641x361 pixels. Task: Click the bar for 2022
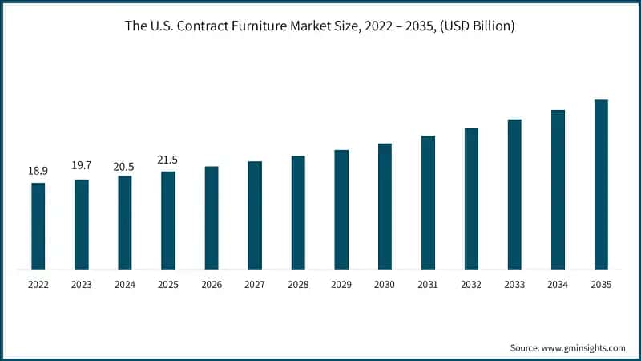[x=38, y=226]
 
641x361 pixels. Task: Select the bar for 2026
[x=212, y=217]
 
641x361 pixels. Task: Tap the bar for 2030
[x=385, y=206]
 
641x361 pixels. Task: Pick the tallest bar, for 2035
[x=601, y=185]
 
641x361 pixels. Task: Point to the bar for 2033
[x=514, y=194]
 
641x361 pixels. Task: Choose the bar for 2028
[x=298, y=213]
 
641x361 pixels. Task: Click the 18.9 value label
[x=38, y=171]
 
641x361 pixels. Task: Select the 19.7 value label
[x=82, y=166]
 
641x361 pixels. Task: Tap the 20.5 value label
[x=125, y=166]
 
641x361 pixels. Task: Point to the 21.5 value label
[x=168, y=160]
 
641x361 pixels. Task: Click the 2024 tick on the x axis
[x=125, y=284]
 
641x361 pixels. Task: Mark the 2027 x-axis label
[x=255, y=284]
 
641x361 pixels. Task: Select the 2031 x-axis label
[x=428, y=284]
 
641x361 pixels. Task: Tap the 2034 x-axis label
[x=558, y=284]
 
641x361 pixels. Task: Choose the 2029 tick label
[x=341, y=284]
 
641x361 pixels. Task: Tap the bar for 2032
[x=471, y=198]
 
